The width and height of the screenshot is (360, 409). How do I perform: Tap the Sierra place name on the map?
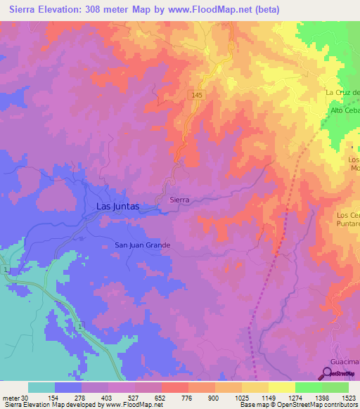coord(180,200)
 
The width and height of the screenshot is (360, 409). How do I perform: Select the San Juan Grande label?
coord(143,245)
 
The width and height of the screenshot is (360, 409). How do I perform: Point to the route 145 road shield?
coord(200,93)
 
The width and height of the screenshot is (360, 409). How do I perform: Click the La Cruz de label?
coord(342,93)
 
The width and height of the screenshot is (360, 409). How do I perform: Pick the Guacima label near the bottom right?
coord(346,358)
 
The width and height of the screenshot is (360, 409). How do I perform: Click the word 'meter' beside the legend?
coord(9,397)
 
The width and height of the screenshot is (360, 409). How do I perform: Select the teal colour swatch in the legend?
coord(41,387)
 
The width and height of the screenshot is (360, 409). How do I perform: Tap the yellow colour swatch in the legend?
coord(281,387)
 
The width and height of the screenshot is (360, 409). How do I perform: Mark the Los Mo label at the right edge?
coord(354,164)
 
